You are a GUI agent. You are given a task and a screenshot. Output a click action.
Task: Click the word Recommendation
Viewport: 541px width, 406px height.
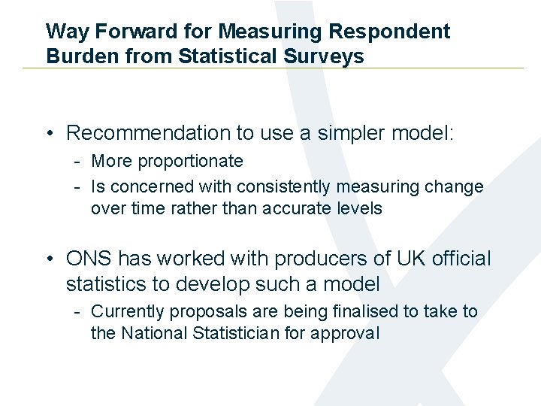pyautogui.click(x=149, y=133)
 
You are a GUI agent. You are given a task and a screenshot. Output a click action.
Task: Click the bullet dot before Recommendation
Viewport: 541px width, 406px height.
pyautogui.click(x=48, y=134)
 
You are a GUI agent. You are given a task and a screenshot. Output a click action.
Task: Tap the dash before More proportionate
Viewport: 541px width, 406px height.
pyautogui.click(x=77, y=161)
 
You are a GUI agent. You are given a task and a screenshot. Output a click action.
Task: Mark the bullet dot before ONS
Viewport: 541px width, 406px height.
pyautogui.click(x=48, y=259)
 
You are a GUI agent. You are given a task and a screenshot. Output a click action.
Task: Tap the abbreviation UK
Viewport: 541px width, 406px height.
pyautogui.click(x=415, y=259)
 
